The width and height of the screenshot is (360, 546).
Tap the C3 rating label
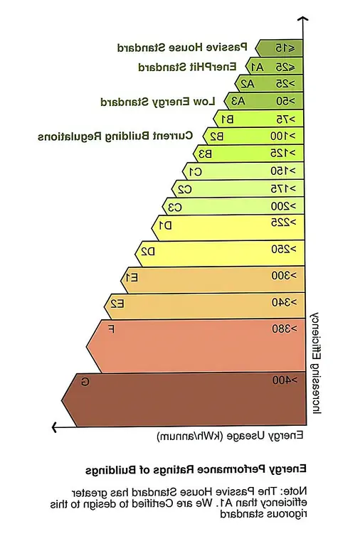point(174,207)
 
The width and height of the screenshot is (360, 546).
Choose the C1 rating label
point(194,171)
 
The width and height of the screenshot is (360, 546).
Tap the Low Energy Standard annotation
point(158,101)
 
